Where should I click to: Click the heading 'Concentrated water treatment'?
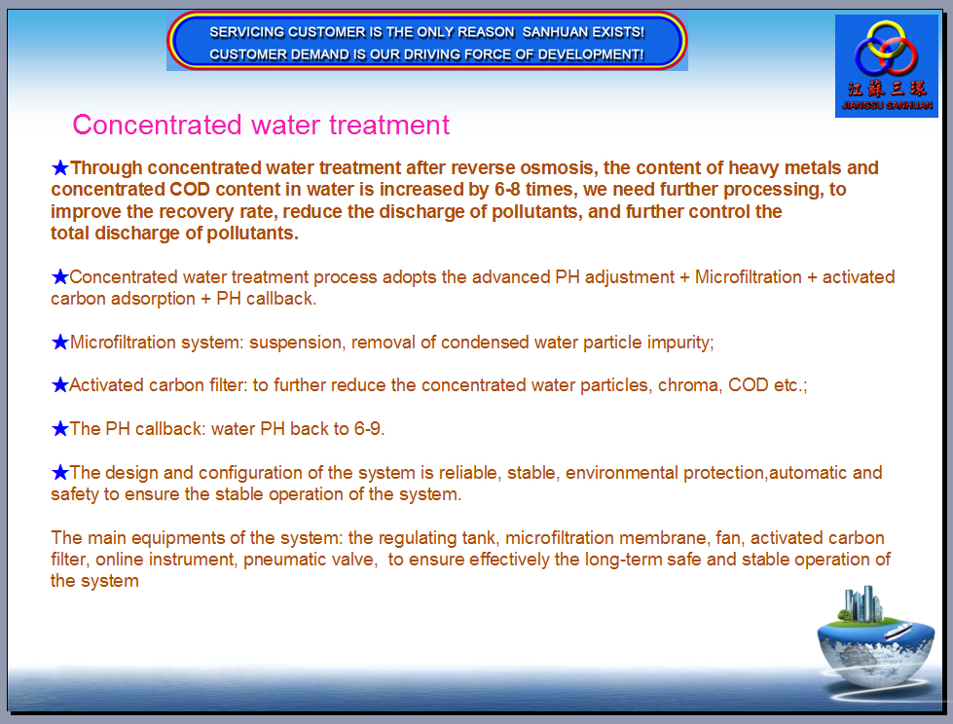(261, 126)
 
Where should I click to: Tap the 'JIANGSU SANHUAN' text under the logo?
(887, 105)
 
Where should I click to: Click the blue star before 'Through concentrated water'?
(59, 167)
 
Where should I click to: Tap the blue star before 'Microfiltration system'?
(59, 342)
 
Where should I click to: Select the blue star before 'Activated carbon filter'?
(59, 385)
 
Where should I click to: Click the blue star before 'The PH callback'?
(59, 429)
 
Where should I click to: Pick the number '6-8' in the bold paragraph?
(507, 190)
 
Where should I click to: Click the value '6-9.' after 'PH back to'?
(369, 429)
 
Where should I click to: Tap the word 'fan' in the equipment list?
(727, 538)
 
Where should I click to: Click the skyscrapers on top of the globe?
(861, 603)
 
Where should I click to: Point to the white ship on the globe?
(898, 630)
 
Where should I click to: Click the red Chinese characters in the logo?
(887, 89)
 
